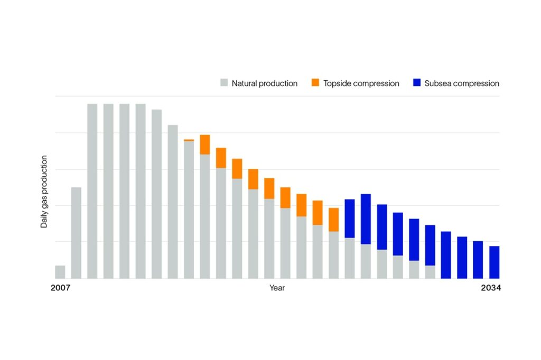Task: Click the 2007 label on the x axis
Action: pos(60,288)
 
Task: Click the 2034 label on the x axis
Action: pos(490,288)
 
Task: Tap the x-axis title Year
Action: pos(277,288)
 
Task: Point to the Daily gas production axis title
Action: pos(44,191)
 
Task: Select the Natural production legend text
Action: pos(264,83)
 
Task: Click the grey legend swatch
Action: pos(224,83)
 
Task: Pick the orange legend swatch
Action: pos(316,83)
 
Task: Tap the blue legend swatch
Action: pos(416,83)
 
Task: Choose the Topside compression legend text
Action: pos(361,83)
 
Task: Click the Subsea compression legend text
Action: pos(462,83)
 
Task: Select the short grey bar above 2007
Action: pos(60,271)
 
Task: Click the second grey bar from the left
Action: pos(76,232)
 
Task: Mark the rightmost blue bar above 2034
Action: pos(494,262)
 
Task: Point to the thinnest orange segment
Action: pos(189,140)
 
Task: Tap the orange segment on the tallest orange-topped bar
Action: pos(205,145)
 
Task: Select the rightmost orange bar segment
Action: pos(333,220)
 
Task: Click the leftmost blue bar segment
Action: pos(349,219)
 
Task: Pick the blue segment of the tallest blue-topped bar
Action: pos(366,219)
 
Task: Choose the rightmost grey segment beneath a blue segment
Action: pos(430,271)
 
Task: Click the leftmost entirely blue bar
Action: pos(446,254)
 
